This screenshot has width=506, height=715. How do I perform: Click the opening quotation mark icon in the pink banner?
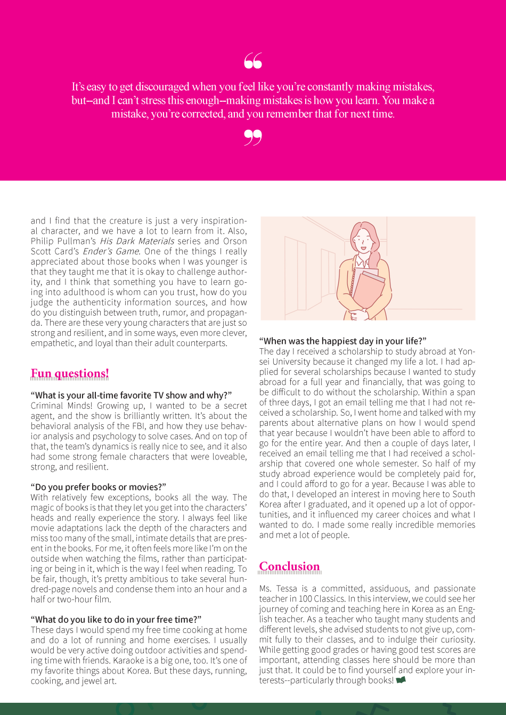(253, 61)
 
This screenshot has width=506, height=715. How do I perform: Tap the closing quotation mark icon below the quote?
(253, 137)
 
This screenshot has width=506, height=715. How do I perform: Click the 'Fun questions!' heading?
(70, 374)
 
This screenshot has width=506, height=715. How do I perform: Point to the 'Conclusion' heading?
(290, 566)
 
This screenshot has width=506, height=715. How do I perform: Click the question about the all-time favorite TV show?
(131, 395)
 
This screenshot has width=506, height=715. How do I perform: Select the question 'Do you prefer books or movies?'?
(99, 487)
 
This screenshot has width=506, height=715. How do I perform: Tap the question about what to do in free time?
(116, 620)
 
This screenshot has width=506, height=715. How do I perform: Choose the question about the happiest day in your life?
(342, 341)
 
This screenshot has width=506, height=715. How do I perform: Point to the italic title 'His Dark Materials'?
(137, 241)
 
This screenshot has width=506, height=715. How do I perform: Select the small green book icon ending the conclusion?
(401, 680)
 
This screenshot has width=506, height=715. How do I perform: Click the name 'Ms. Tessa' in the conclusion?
(278, 589)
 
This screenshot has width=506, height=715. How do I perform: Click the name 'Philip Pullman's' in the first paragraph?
(63, 241)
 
